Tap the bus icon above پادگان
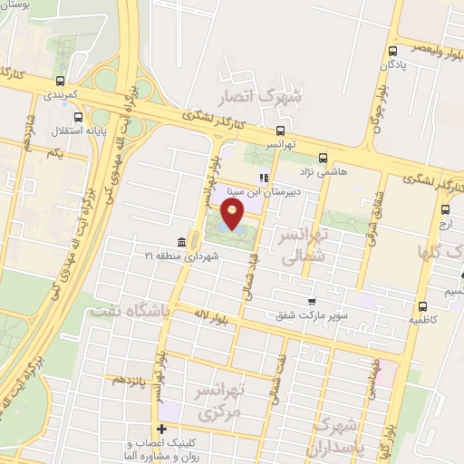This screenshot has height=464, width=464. click(392, 51)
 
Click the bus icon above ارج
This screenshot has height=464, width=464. click(444, 208)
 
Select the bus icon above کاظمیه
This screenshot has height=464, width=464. click(423, 305)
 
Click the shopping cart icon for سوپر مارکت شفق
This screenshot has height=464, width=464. click(312, 302)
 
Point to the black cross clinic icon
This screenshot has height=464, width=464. click(162, 429)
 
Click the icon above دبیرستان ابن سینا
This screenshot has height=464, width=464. click(263, 178)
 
